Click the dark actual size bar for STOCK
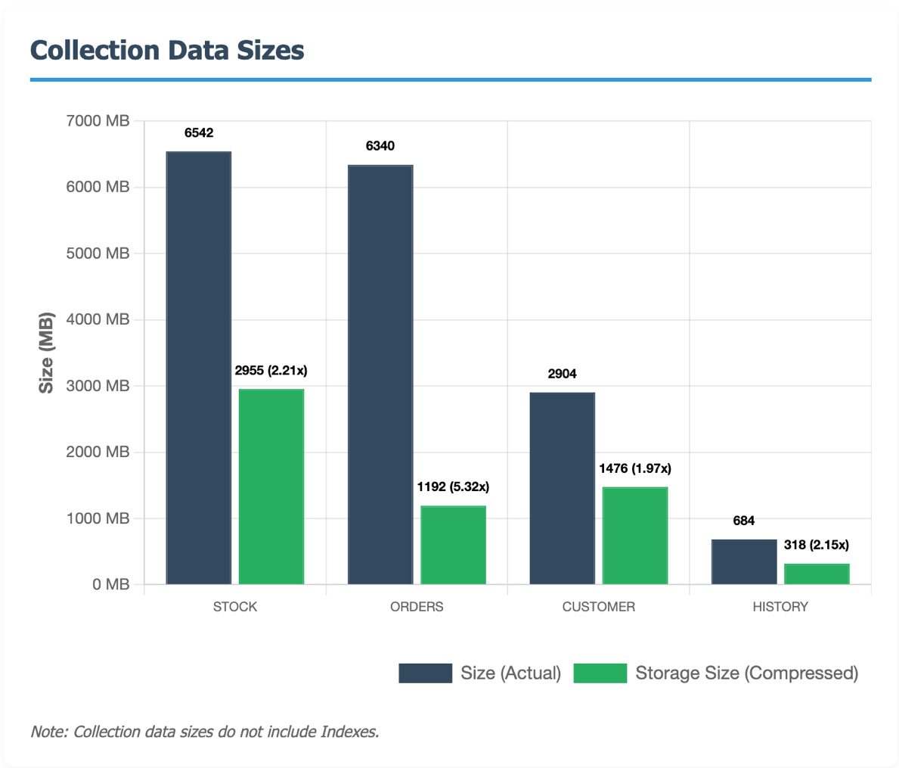199,368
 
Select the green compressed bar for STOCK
271,487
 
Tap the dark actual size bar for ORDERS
380,375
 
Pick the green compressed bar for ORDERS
453,545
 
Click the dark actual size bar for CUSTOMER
563,488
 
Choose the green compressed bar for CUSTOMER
635,536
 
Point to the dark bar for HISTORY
744,561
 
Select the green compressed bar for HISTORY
817,574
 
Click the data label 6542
199,133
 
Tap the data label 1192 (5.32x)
453,487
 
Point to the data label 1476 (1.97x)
635,468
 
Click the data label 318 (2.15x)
817,545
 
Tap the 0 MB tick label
110,584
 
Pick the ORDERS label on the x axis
417,607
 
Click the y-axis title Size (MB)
47,352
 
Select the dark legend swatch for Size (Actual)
425,673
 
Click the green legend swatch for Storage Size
600,673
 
